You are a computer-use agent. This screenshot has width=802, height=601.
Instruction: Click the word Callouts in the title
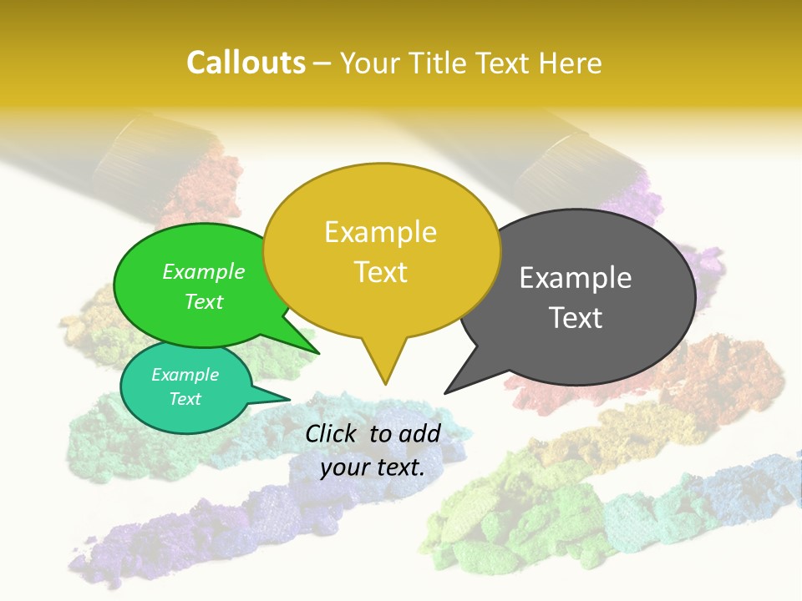246,63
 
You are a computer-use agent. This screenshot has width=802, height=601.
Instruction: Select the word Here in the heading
571,63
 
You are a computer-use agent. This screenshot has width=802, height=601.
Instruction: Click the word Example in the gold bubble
380,232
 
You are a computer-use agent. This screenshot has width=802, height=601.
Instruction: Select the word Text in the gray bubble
576,318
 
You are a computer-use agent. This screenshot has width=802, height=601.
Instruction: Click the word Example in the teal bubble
185,375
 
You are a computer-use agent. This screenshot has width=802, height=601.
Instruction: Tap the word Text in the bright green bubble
204,302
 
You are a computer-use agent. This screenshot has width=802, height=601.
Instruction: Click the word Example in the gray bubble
576,278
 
